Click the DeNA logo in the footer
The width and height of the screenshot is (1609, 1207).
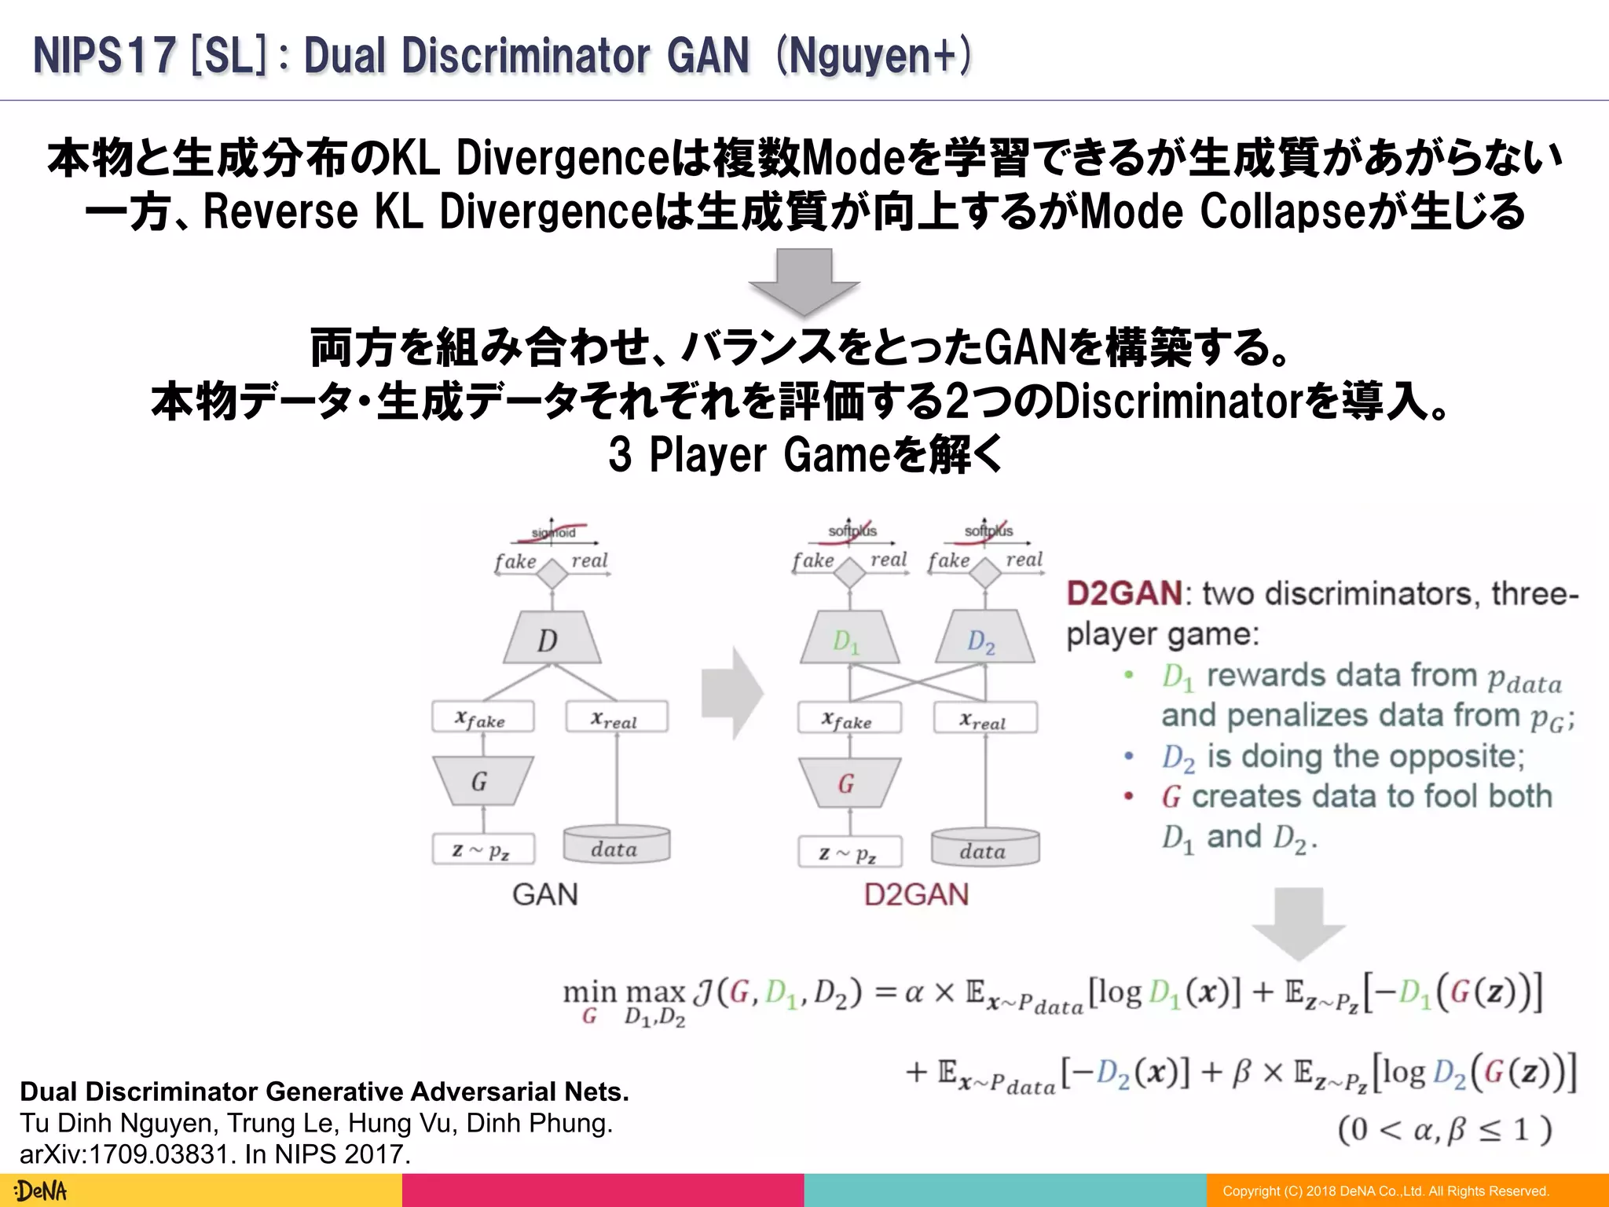41,1190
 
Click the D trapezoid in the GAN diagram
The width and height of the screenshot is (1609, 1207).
552,638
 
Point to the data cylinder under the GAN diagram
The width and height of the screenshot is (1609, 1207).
616,845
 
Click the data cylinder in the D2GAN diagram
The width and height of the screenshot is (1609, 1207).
984,847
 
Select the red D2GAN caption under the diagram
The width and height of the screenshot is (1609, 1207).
916,895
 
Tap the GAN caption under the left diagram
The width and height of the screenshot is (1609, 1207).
544,894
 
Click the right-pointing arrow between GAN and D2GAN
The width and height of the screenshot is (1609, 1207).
731,693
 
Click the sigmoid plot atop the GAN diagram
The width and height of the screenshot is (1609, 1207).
553,533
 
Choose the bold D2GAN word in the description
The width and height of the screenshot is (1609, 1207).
1123,593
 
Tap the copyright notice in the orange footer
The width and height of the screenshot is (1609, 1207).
1386,1191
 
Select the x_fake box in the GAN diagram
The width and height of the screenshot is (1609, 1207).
482,717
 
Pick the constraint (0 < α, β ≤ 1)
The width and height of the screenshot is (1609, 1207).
1444,1130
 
